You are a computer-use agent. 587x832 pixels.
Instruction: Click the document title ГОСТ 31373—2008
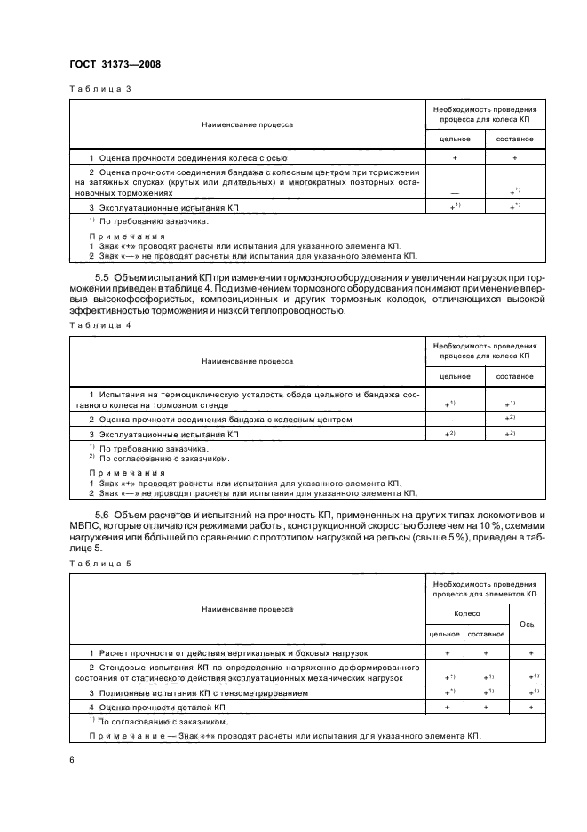[x=115, y=63]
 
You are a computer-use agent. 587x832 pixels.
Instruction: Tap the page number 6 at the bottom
[x=72, y=759]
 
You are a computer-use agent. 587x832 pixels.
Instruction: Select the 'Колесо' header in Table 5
[x=467, y=613]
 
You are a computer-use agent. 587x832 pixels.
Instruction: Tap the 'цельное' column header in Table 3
[x=455, y=140]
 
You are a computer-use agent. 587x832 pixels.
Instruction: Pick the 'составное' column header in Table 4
[x=515, y=376]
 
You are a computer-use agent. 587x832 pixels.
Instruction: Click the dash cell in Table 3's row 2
[x=455, y=190]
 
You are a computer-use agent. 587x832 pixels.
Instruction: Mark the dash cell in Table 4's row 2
[x=455, y=419]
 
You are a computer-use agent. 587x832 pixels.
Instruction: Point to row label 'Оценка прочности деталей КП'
[x=163, y=707]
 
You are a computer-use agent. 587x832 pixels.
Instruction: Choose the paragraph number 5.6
[x=101, y=516]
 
